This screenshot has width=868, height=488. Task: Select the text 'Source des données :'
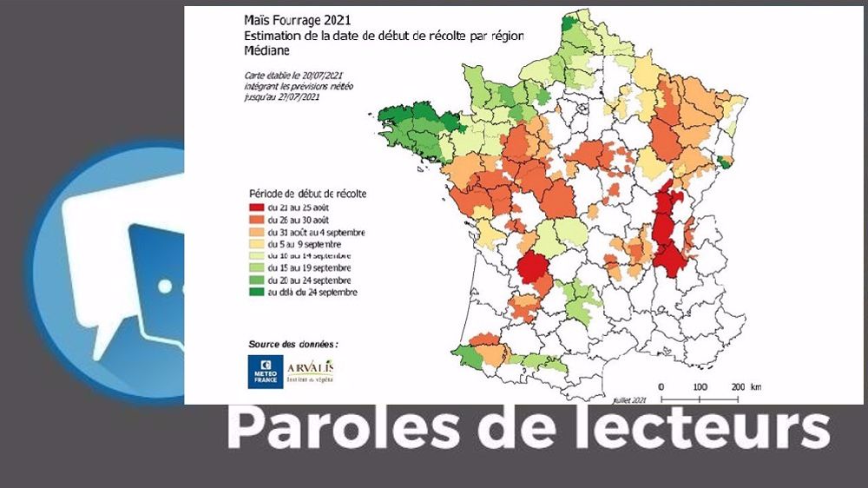click(293, 344)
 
